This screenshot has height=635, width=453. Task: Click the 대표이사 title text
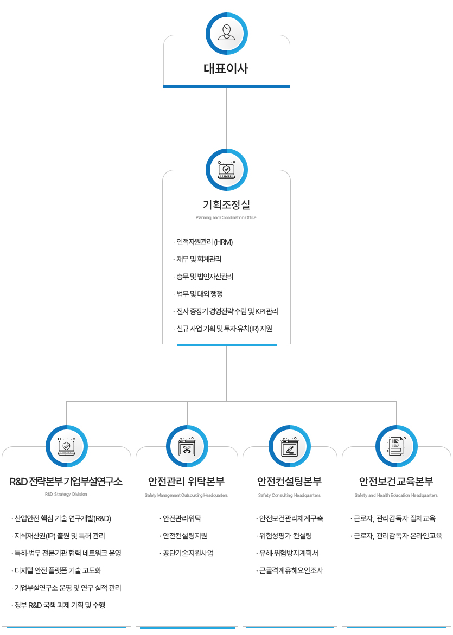(x=226, y=68)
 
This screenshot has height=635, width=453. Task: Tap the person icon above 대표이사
(x=227, y=33)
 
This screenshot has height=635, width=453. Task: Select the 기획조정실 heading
(x=227, y=205)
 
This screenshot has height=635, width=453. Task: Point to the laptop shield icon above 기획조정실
(x=227, y=170)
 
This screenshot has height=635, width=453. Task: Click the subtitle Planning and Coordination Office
(x=226, y=217)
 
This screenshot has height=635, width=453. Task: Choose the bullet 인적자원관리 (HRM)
(x=203, y=242)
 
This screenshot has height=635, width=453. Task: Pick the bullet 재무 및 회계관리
(x=197, y=260)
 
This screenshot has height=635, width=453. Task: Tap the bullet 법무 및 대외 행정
(x=198, y=294)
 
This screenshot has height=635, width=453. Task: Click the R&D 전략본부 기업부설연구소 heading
(x=66, y=482)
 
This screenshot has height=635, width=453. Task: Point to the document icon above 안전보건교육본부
(x=396, y=446)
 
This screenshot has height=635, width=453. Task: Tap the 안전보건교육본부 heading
(x=396, y=482)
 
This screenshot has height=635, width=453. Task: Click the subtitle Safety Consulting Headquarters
(x=289, y=495)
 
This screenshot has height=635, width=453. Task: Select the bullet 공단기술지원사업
(x=187, y=553)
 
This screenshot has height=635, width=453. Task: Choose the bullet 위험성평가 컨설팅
(x=284, y=536)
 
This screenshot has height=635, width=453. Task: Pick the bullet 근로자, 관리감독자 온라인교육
(x=396, y=536)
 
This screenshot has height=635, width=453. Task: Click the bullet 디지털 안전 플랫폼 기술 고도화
(x=56, y=570)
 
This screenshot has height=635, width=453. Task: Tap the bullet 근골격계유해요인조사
(x=290, y=570)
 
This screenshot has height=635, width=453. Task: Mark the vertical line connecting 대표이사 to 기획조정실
(x=227, y=118)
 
